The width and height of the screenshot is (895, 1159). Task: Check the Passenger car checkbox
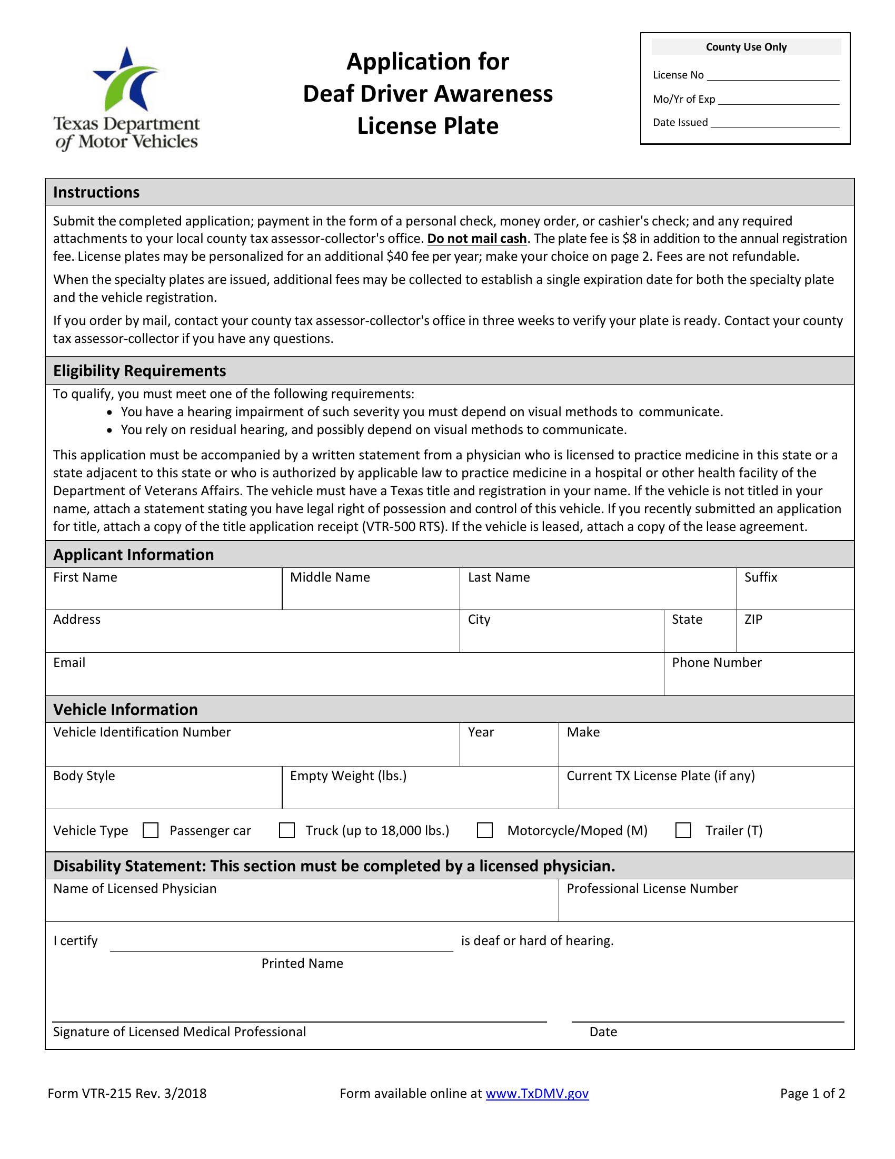(151, 830)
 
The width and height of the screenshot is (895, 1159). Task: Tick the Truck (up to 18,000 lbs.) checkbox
(287, 830)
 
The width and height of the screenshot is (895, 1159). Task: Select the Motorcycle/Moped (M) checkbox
(484, 830)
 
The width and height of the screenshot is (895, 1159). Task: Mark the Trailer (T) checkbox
(683, 830)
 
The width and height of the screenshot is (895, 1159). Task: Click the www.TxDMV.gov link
(536, 1093)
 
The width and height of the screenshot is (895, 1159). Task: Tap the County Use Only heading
(745, 47)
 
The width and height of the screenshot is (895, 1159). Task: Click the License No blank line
(773, 75)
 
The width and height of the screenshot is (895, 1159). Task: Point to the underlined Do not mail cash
(476, 238)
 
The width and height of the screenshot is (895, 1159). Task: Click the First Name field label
(85, 577)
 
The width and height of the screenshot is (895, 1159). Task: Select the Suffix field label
(760, 577)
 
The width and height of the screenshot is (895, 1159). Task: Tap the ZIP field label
(753, 620)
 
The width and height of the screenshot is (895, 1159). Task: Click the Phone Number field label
(717, 662)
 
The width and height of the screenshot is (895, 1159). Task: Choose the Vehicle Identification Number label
(142, 732)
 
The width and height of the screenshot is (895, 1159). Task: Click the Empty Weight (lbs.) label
(348, 775)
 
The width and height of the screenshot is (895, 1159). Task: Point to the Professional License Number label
(652, 888)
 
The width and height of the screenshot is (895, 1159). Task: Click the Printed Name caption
(302, 963)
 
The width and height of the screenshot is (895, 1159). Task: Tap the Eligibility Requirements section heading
(140, 370)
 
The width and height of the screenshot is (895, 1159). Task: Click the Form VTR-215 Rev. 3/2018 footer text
(127, 1093)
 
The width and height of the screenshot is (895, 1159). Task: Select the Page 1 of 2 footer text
(812, 1093)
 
